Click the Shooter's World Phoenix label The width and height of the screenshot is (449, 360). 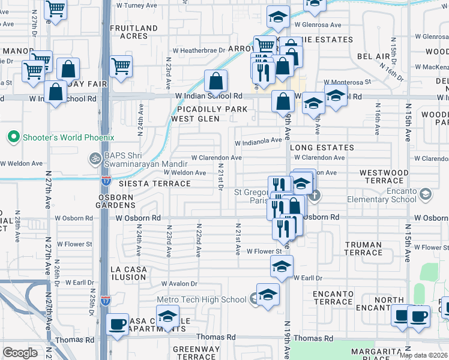68,137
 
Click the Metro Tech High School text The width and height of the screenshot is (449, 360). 202,299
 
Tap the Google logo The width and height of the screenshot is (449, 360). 20,353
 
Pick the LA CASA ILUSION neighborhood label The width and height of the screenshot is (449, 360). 128,273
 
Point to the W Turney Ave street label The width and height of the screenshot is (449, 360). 137,5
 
